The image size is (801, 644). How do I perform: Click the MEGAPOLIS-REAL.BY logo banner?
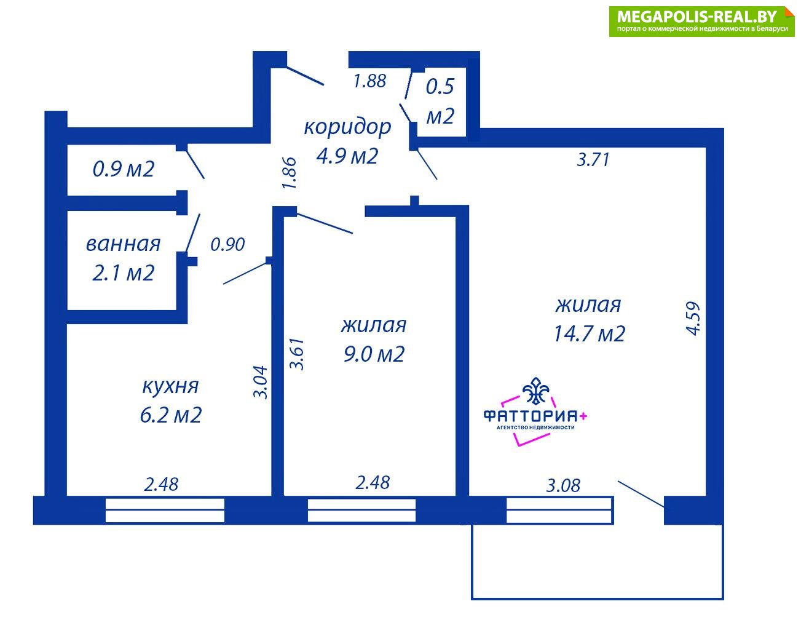tap(701, 22)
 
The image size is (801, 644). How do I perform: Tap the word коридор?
tap(347, 127)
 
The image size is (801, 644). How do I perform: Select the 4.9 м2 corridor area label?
tap(347, 156)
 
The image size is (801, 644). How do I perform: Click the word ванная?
tap(123, 244)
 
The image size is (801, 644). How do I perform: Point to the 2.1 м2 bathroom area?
tap(123, 273)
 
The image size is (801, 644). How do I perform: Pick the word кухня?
tap(170, 386)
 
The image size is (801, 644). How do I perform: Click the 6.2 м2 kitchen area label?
tap(171, 415)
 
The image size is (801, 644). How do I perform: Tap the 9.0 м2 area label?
tap(374, 354)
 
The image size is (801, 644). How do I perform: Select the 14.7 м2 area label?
tap(589, 333)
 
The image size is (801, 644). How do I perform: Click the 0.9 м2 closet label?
tap(123, 169)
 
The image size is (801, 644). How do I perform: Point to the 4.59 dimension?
tap(693, 319)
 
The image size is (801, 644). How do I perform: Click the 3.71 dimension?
tap(593, 160)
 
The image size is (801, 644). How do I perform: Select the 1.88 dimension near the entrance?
tap(369, 81)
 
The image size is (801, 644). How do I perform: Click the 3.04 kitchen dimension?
tap(261, 382)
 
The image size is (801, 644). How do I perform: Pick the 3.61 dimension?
tap(297, 354)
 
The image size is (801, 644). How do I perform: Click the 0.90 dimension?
tap(227, 245)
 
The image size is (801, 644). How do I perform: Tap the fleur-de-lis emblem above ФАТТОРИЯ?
tap(536, 391)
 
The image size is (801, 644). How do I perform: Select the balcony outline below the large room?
tap(598, 599)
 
